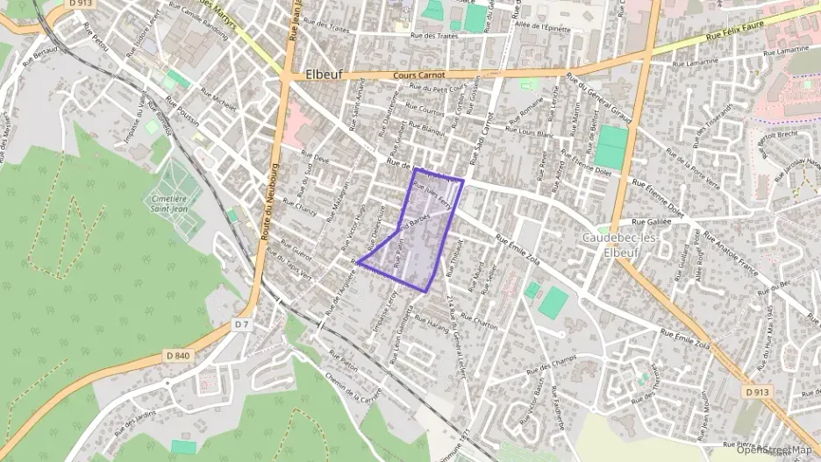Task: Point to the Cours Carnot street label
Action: pos(419,76)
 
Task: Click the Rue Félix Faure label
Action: pos(737,38)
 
